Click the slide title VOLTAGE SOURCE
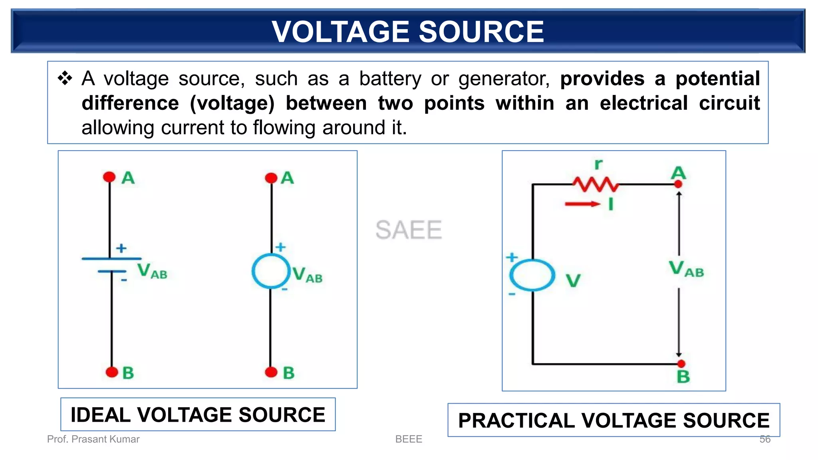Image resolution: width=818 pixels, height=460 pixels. click(408, 32)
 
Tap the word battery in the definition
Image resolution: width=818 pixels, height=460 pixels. click(390, 79)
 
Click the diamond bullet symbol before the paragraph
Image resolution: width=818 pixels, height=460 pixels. click(65, 78)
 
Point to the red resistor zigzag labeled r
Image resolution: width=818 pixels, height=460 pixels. click(595, 184)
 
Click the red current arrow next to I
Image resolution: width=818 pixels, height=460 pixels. click(582, 204)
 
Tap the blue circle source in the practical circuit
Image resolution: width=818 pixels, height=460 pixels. click(532, 275)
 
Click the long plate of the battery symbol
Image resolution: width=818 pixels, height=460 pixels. click(111, 259)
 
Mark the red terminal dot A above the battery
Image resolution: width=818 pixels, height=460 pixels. click(109, 177)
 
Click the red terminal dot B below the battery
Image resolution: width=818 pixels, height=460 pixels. click(112, 372)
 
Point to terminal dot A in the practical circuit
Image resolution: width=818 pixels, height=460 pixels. click(678, 184)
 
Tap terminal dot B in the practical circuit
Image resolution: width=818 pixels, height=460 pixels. click(681, 363)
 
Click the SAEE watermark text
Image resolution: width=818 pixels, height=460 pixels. click(409, 230)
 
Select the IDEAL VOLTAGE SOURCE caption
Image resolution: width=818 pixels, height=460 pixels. click(198, 414)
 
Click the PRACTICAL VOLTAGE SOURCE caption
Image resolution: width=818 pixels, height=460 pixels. click(613, 420)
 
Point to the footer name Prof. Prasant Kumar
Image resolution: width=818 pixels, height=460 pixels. click(93, 439)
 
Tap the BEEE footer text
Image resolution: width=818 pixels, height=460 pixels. click(408, 439)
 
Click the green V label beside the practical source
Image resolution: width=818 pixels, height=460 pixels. click(573, 280)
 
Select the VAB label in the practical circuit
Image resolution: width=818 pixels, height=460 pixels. click(686, 269)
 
